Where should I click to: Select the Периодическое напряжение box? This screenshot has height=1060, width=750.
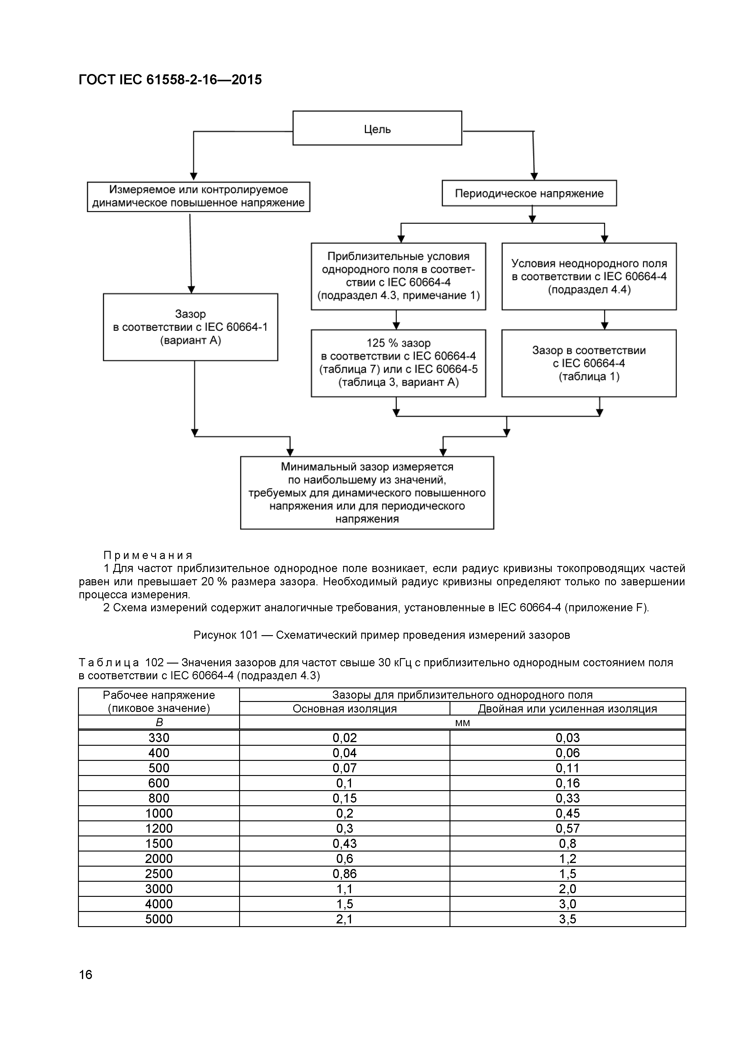(x=529, y=193)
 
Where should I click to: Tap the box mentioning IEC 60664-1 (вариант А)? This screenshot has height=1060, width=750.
(x=190, y=327)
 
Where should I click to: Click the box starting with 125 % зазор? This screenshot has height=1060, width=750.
(x=398, y=363)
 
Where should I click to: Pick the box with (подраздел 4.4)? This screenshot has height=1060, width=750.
(x=589, y=276)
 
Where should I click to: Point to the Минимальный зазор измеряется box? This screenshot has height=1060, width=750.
(x=367, y=493)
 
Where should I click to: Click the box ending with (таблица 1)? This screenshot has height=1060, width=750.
(x=589, y=363)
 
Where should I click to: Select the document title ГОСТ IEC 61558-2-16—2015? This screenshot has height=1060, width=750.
(x=170, y=80)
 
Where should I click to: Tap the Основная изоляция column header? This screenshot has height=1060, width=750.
(x=345, y=709)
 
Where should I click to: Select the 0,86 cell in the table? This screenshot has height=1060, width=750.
(x=345, y=874)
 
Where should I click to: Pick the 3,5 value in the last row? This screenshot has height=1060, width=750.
(x=568, y=919)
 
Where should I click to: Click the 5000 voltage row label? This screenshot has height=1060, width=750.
(x=159, y=919)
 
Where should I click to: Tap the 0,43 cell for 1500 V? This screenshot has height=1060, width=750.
(x=345, y=843)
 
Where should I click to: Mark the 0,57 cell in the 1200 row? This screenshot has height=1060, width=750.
(x=568, y=828)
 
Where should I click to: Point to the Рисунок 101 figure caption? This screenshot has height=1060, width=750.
(x=381, y=635)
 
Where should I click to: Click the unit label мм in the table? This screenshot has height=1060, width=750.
(x=462, y=722)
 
